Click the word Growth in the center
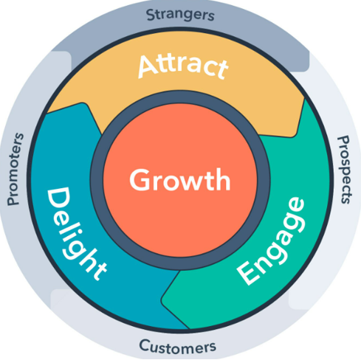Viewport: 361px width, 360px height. click(180, 181)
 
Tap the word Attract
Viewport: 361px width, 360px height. click(183, 66)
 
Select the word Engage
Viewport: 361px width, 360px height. click(271, 241)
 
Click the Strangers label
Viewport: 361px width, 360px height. click(180, 15)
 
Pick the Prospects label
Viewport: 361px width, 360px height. click(344, 170)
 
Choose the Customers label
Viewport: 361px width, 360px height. click(178, 347)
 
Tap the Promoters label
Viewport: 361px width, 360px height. click(16, 169)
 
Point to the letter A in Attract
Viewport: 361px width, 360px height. click(148, 66)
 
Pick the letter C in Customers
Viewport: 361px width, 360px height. click(145, 345)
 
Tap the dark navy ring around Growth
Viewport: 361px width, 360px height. click(97, 180)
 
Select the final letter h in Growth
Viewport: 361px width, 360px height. click(222, 179)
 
